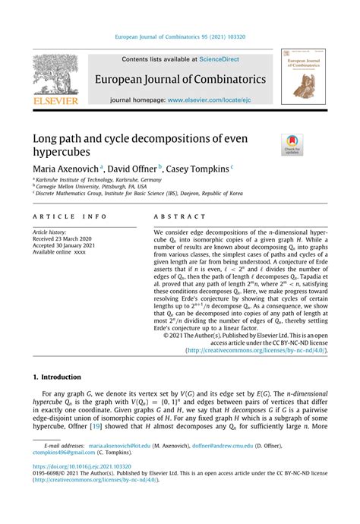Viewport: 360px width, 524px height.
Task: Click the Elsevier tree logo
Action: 53,76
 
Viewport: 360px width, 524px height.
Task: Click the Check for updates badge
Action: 292,144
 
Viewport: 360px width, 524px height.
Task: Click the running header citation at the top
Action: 180,36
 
